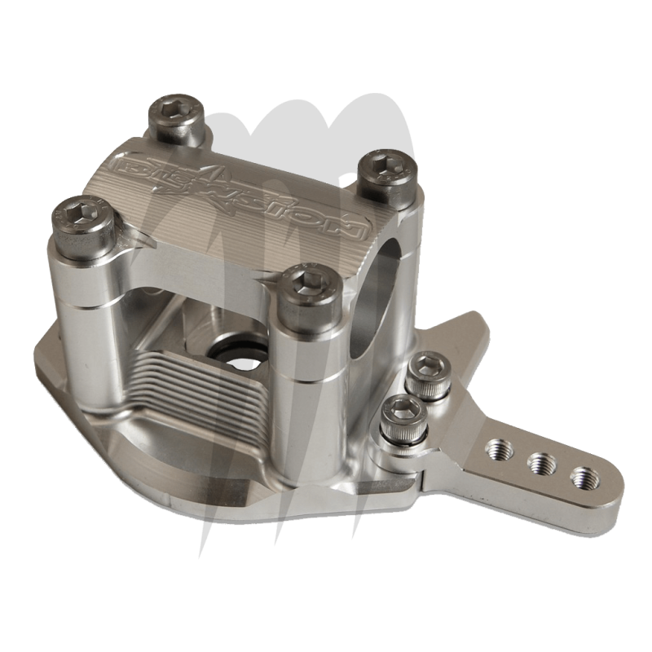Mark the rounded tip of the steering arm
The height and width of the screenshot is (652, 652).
607,489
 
